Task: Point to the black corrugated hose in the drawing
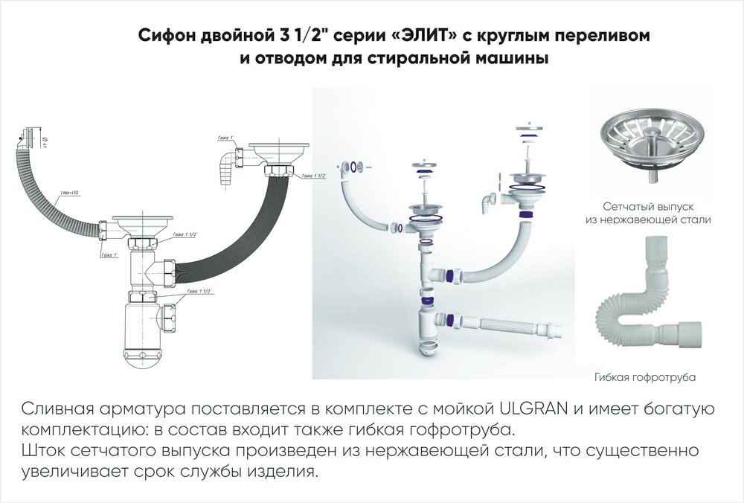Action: (x=246, y=223)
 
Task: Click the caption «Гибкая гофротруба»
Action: (x=645, y=378)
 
